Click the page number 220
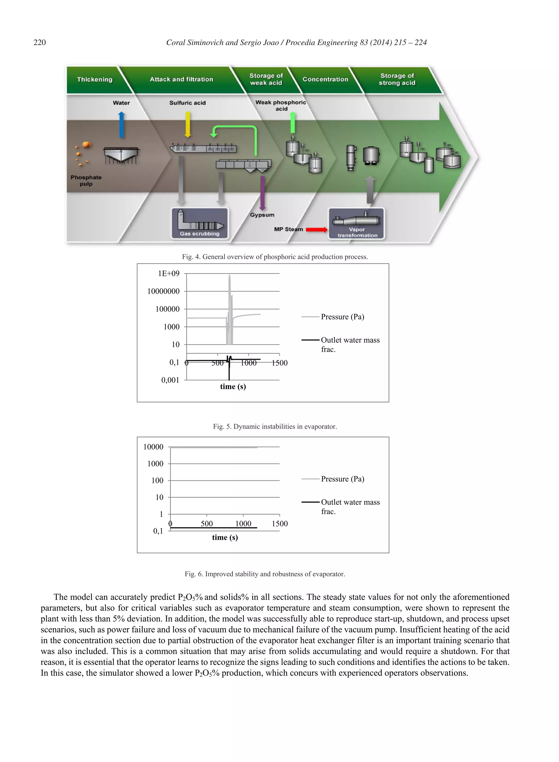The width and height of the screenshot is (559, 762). (x=40, y=42)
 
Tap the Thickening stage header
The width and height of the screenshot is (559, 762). (x=95, y=79)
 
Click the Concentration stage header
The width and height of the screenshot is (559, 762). (x=325, y=79)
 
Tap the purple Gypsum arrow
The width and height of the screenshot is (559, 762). (x=262, y=193)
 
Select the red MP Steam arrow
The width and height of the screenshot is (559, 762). (x=316, y=230)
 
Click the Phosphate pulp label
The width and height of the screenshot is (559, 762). (x=86, y=181)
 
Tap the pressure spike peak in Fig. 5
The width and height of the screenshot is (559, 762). (x=230, y=276)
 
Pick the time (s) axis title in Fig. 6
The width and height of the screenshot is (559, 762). (x=225, y=538)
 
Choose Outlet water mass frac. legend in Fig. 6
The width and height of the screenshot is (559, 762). (x=350, y=506)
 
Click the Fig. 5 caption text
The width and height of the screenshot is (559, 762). (x=275, y=426)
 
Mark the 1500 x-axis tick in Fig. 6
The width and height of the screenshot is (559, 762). (x=279, y=524)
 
